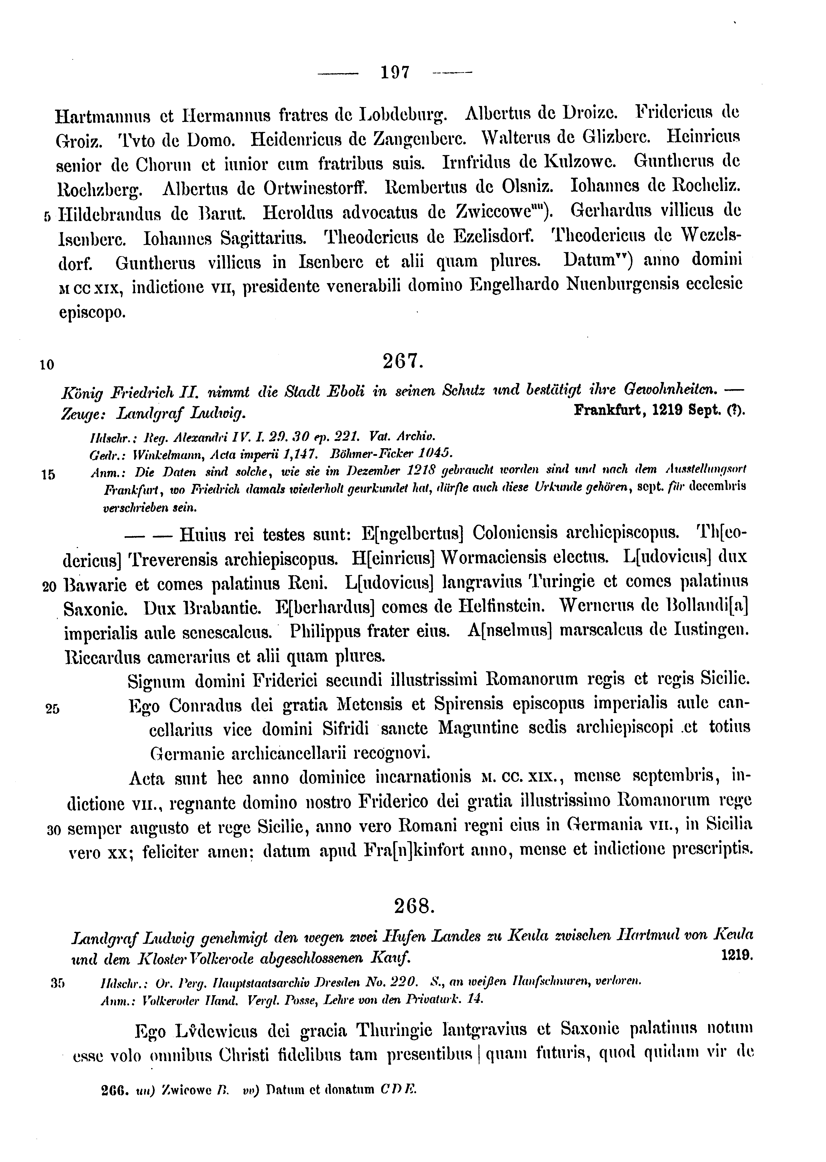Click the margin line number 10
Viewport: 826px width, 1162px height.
click(47, 365)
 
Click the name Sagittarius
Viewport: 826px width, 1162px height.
click(263, 237)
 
